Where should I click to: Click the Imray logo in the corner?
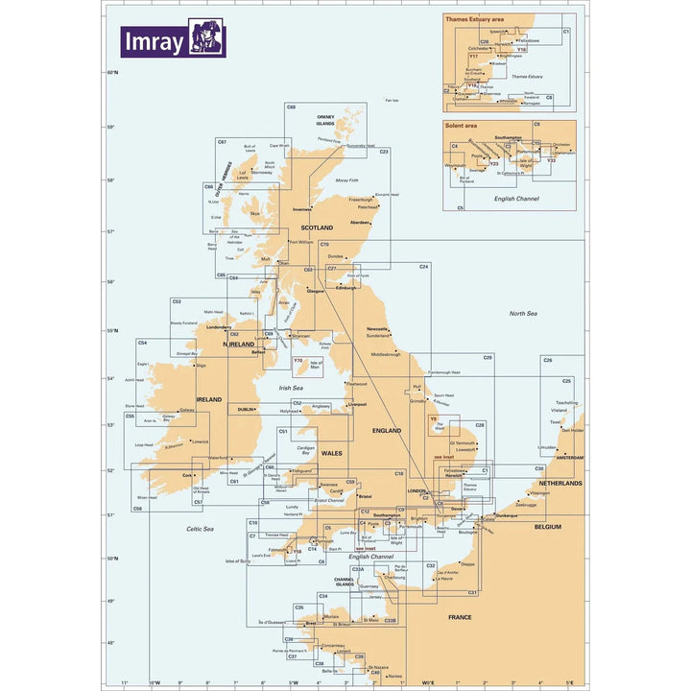click(173, 39)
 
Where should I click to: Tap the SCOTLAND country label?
click(317, 227)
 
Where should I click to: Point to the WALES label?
click(331, 453)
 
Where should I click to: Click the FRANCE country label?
click(460, 617)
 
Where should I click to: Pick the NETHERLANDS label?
click(560, 484)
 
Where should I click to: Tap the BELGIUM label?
click(547, 527)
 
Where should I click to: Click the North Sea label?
click(523, 314)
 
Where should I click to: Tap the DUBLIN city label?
click(246, 410)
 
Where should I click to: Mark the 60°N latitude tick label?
click(111, 73)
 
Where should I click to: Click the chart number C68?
click(291, 107)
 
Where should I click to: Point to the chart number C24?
click(423, 266)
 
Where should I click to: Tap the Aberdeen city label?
click(360, 223)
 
